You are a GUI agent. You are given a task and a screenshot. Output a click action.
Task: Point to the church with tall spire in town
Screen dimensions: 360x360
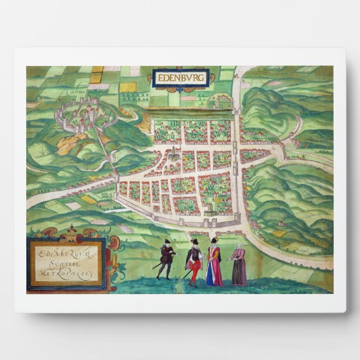175,153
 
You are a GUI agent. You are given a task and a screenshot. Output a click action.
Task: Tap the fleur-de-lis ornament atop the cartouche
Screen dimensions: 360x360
70,231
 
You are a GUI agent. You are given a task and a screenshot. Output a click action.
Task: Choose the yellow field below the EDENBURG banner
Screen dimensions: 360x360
130,87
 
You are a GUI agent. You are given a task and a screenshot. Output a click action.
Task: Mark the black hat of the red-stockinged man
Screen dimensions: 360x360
195,241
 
